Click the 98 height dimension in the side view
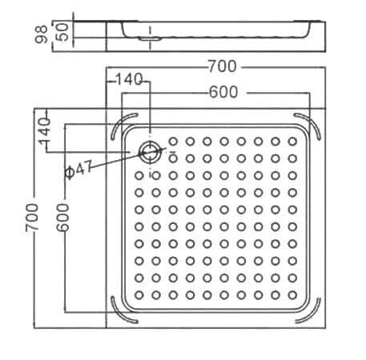(x=42, y=34)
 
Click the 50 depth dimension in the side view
(x=63, y=32)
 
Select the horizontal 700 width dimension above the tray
(x=223, y=66)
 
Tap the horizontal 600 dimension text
(x=223, y=92)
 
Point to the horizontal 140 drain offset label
(x=129, y=79)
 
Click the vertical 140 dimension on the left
(x=45, y=132)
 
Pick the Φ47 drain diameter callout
(x=78, y=169)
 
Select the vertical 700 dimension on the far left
(x=32, y=218)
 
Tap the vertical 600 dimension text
(x=62, y=218)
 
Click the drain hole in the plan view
(x=150, y=152)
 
